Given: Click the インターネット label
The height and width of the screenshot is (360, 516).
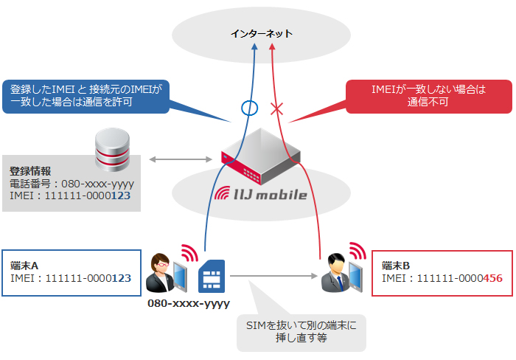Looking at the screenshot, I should pos(262,34).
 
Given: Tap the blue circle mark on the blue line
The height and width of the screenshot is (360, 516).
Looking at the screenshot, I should pos(250,108).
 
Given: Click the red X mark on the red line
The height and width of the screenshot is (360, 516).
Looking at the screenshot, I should pos(277,109).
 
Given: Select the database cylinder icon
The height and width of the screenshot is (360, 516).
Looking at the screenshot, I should pos(114,150).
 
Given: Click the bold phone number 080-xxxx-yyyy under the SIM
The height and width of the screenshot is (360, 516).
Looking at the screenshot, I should pos(189,303).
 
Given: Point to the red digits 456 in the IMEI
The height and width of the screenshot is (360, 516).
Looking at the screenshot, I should pos(492,278).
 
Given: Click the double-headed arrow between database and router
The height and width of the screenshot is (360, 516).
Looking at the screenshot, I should pos(181,159).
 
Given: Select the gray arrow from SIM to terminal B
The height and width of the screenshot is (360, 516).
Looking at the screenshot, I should pos(273,278).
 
